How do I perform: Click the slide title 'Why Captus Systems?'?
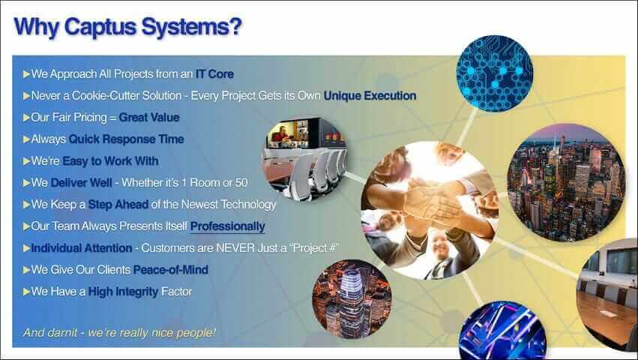click(x=127, y=26)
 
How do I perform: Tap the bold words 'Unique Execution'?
click(x=370, y=96)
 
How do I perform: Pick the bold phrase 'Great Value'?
click(x=149, y=118)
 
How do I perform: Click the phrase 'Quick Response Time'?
click(x=126, y=139)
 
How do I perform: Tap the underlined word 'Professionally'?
click(x=227, y=226)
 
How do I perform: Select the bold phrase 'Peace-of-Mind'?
click(x=171, y=269)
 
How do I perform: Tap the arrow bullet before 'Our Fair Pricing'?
click(x=26, y=118)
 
